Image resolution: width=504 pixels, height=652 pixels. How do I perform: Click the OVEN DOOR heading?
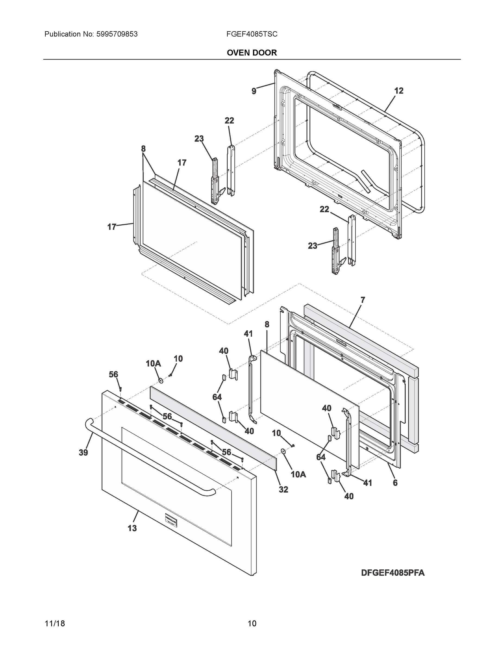coord(252,53)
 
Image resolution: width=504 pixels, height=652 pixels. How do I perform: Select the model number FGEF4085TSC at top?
coord(252,34)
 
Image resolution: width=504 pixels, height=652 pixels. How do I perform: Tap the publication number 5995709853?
coord(117,34)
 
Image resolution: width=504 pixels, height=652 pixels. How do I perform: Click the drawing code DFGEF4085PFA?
coord(393,573)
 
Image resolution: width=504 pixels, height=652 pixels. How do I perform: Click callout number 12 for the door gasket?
coord(399,91)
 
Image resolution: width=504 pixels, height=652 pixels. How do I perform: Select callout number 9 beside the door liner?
coord(254,91)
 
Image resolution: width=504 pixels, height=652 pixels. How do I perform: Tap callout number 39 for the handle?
coord(83,453)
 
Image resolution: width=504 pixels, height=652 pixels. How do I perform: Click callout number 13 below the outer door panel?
coord(132,528)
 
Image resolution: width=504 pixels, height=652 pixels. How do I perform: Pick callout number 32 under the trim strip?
coord(283,489)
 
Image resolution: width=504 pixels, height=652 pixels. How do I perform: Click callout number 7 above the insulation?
coord(363,300)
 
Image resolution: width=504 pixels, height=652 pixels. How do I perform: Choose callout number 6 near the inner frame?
coord(395,483)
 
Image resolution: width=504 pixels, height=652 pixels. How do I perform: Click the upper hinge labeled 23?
coord(215,182)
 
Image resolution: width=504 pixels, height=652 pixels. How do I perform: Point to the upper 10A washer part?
coord(161,380)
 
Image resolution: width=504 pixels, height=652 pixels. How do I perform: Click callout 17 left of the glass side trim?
coord(111,227)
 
